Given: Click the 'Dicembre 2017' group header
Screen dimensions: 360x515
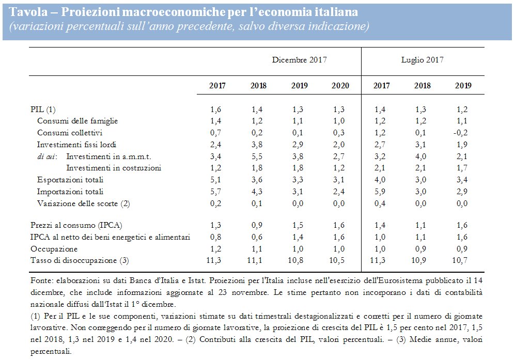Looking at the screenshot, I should coord(300,60).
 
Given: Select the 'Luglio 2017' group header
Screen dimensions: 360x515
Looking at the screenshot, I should coord(422,60).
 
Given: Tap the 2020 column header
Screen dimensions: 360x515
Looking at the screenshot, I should coord(340,86).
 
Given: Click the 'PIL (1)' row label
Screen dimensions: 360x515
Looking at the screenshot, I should coord(43,109).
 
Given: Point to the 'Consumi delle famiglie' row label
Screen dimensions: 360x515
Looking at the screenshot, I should coord(77,121).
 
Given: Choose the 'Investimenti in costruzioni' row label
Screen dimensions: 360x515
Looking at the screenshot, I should coord(114,168).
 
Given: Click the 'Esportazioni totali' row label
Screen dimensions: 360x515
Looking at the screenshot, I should coord(70,180).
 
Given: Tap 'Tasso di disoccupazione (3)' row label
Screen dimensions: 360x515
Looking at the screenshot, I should coord(80,260).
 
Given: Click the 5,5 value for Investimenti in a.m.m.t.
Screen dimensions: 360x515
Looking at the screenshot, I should coord(258,156).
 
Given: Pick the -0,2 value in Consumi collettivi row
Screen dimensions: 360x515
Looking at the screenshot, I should coord(462,133).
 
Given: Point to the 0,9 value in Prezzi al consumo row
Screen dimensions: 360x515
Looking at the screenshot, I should coord(258,225).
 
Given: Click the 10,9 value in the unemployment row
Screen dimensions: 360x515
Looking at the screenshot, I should coord(422,260).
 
